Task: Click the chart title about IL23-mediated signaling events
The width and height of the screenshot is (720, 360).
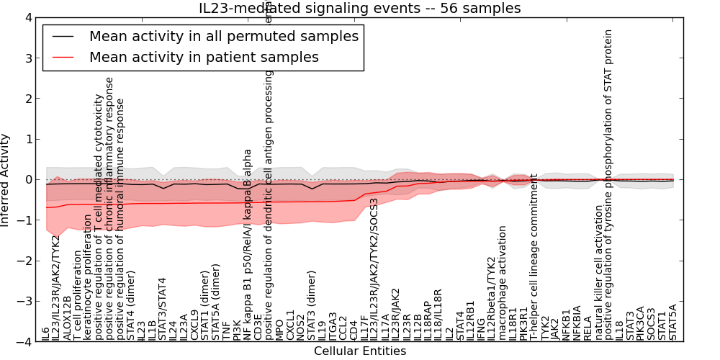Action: [360, 8]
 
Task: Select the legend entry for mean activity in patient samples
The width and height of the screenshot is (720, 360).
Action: [203, 57]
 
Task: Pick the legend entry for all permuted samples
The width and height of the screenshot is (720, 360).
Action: [223, 36]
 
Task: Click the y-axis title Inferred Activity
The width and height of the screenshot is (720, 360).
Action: [6, 180]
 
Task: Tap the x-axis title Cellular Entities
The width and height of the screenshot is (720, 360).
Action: [360, 351]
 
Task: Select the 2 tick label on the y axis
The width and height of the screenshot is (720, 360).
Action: [28, 99]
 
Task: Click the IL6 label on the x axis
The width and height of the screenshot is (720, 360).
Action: [46, 333]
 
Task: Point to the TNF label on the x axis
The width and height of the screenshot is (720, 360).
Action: [226, 330]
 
